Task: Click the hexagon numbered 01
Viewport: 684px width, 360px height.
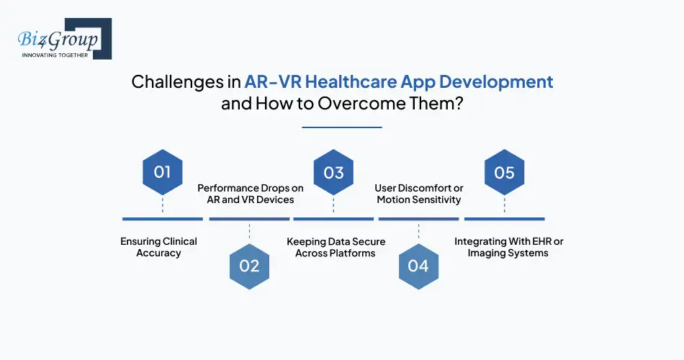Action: coord(162,172)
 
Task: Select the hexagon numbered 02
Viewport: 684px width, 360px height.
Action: coord(248,266)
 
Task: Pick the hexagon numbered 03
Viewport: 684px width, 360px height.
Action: coord(333,172)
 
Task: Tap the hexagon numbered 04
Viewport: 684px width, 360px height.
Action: coord(418,266)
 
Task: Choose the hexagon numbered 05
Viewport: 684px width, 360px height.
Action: coord(504,172)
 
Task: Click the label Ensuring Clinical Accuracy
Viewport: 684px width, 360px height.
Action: coord(158,247)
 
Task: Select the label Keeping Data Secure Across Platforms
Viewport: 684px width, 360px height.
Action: coord(336,247)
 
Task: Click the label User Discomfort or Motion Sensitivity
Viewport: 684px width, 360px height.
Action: coord(419,194)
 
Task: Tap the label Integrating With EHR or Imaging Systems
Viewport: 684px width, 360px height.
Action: coord(508,247)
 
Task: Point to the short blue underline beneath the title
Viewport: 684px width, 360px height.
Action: coord(341,127)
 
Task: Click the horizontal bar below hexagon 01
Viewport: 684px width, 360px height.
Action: coord(162,218)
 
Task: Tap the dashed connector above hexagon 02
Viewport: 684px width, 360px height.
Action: coord(248,231)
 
